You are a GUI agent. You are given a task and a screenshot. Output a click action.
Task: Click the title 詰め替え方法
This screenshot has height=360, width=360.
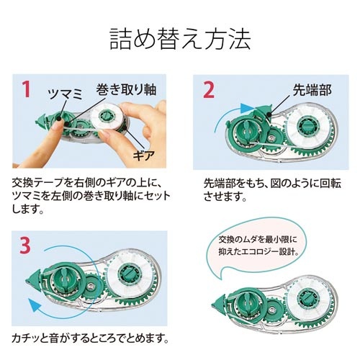[x=180, y=40]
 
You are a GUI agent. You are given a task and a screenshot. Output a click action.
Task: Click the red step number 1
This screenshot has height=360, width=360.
[x=27, y=89]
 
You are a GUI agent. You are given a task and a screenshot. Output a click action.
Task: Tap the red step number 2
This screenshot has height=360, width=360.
[x=209, y=89]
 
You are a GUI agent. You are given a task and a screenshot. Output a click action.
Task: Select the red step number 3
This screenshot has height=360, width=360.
[x=25, y=245]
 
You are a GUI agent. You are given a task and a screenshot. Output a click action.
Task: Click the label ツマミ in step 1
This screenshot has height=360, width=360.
[x=66, y=94]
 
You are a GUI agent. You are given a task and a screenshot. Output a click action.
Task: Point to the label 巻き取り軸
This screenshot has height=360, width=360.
[x=126, y=89]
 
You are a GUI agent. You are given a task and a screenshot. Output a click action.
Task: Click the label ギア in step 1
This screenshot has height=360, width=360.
[x=144, y=156]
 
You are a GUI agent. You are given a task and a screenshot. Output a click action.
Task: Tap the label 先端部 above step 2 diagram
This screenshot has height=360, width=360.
[x=312, y=90]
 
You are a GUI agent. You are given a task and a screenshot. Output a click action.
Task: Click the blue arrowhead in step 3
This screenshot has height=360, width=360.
[x=35, y=305]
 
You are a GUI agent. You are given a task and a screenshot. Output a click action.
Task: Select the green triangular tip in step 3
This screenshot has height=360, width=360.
[x=33, y=279]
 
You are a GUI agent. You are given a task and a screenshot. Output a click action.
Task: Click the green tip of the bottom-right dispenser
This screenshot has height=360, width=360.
[x=219, y=305]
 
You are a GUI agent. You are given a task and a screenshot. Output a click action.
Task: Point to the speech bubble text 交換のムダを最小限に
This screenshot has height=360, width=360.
[x=258, y=240]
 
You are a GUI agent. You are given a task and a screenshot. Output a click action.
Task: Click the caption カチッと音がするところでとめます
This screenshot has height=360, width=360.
[x=90, y=338]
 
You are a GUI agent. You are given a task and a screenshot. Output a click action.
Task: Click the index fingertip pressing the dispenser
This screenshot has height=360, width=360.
[x=57, y=125]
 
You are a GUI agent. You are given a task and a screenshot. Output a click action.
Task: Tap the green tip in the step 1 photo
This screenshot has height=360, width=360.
[x=41, y=120]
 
